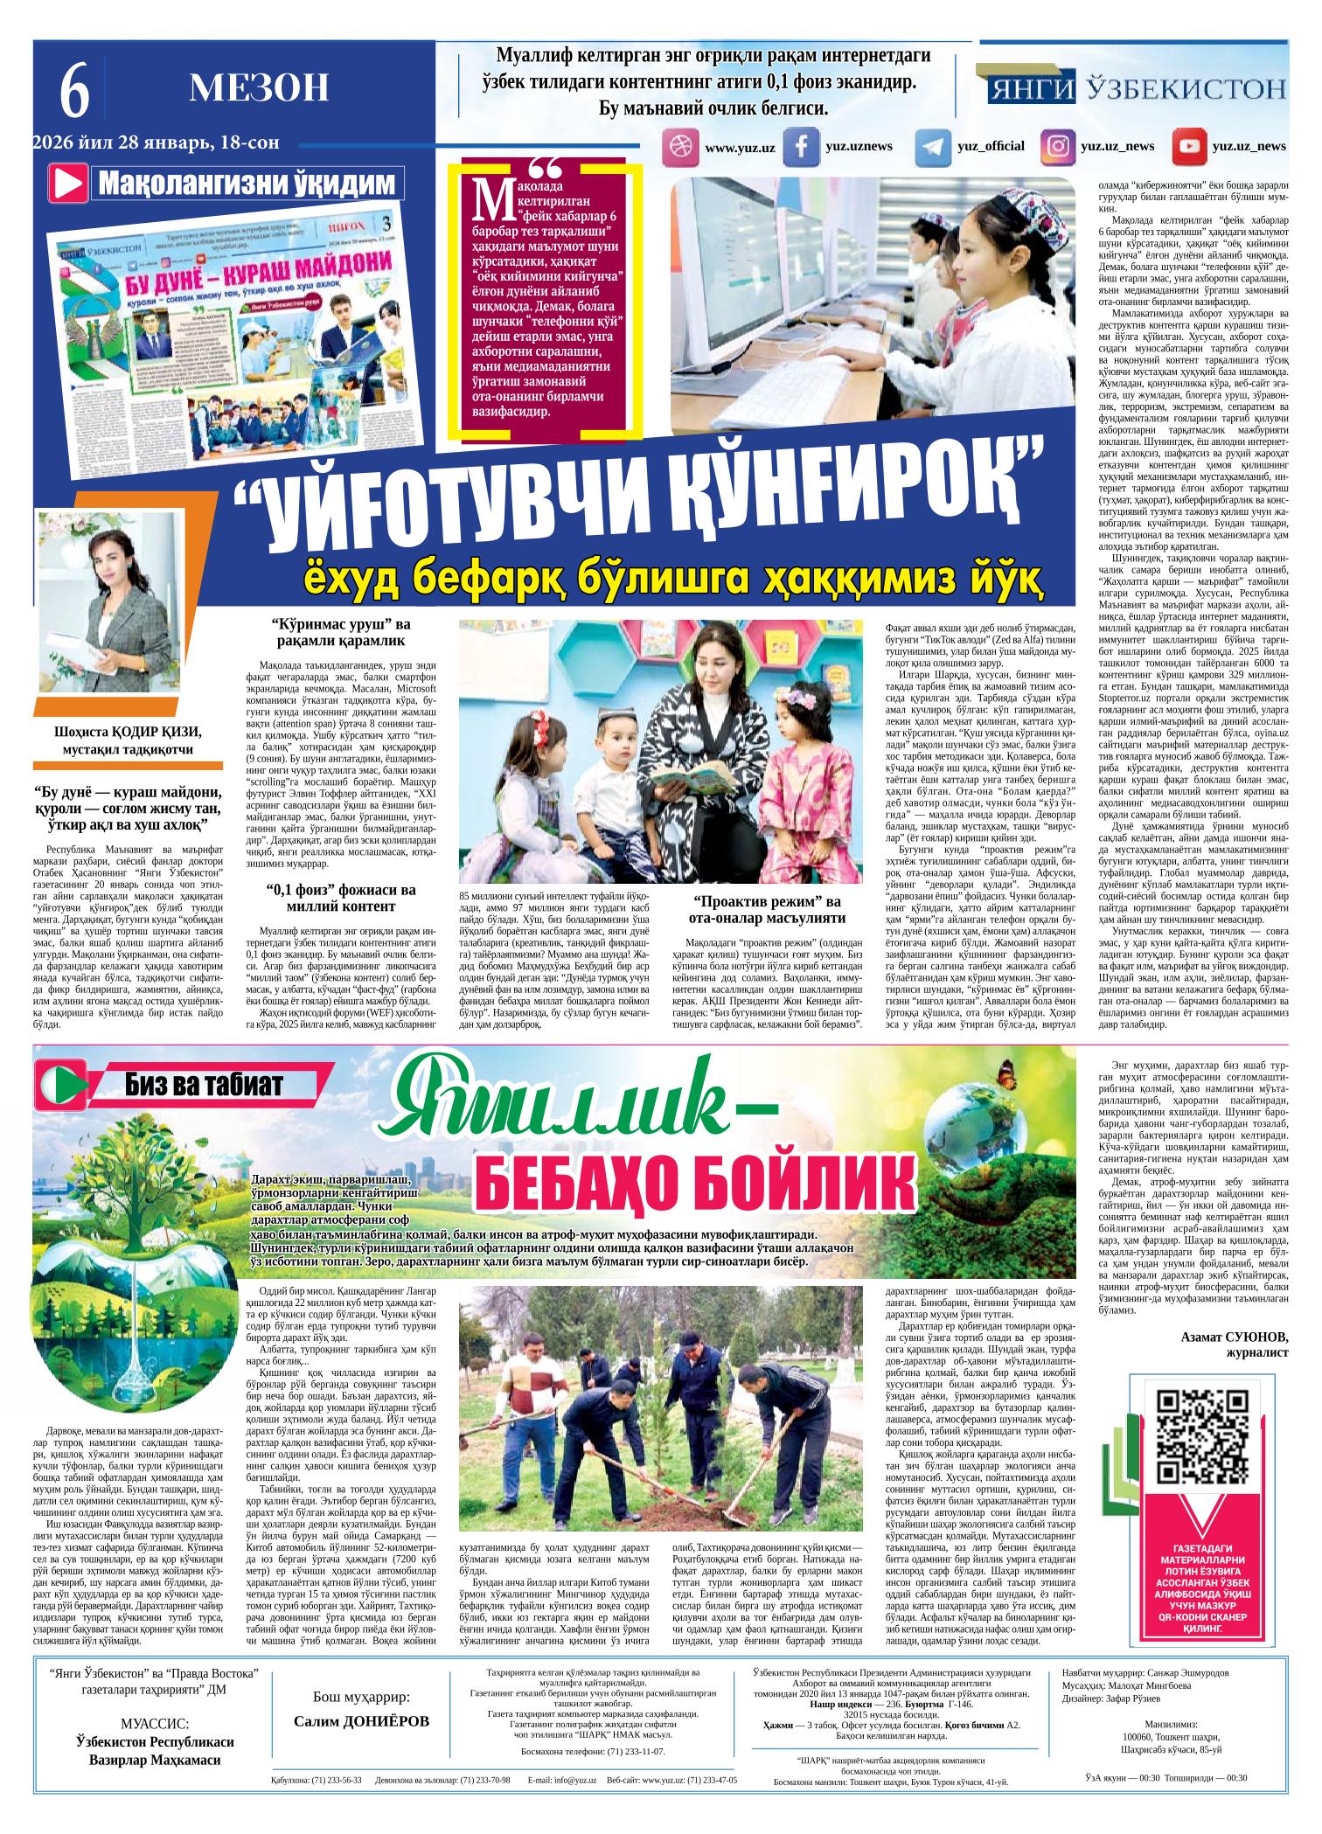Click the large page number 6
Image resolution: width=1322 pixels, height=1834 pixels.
[74, 94]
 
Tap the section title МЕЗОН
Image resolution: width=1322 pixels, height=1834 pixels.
[259, 87]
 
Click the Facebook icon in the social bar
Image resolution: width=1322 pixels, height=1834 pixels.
[798, 147]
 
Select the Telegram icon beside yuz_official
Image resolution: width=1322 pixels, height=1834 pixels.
[932, 147]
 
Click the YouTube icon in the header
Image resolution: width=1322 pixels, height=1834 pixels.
[1188, 147]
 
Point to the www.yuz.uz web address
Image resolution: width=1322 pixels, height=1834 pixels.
[740, 148]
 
